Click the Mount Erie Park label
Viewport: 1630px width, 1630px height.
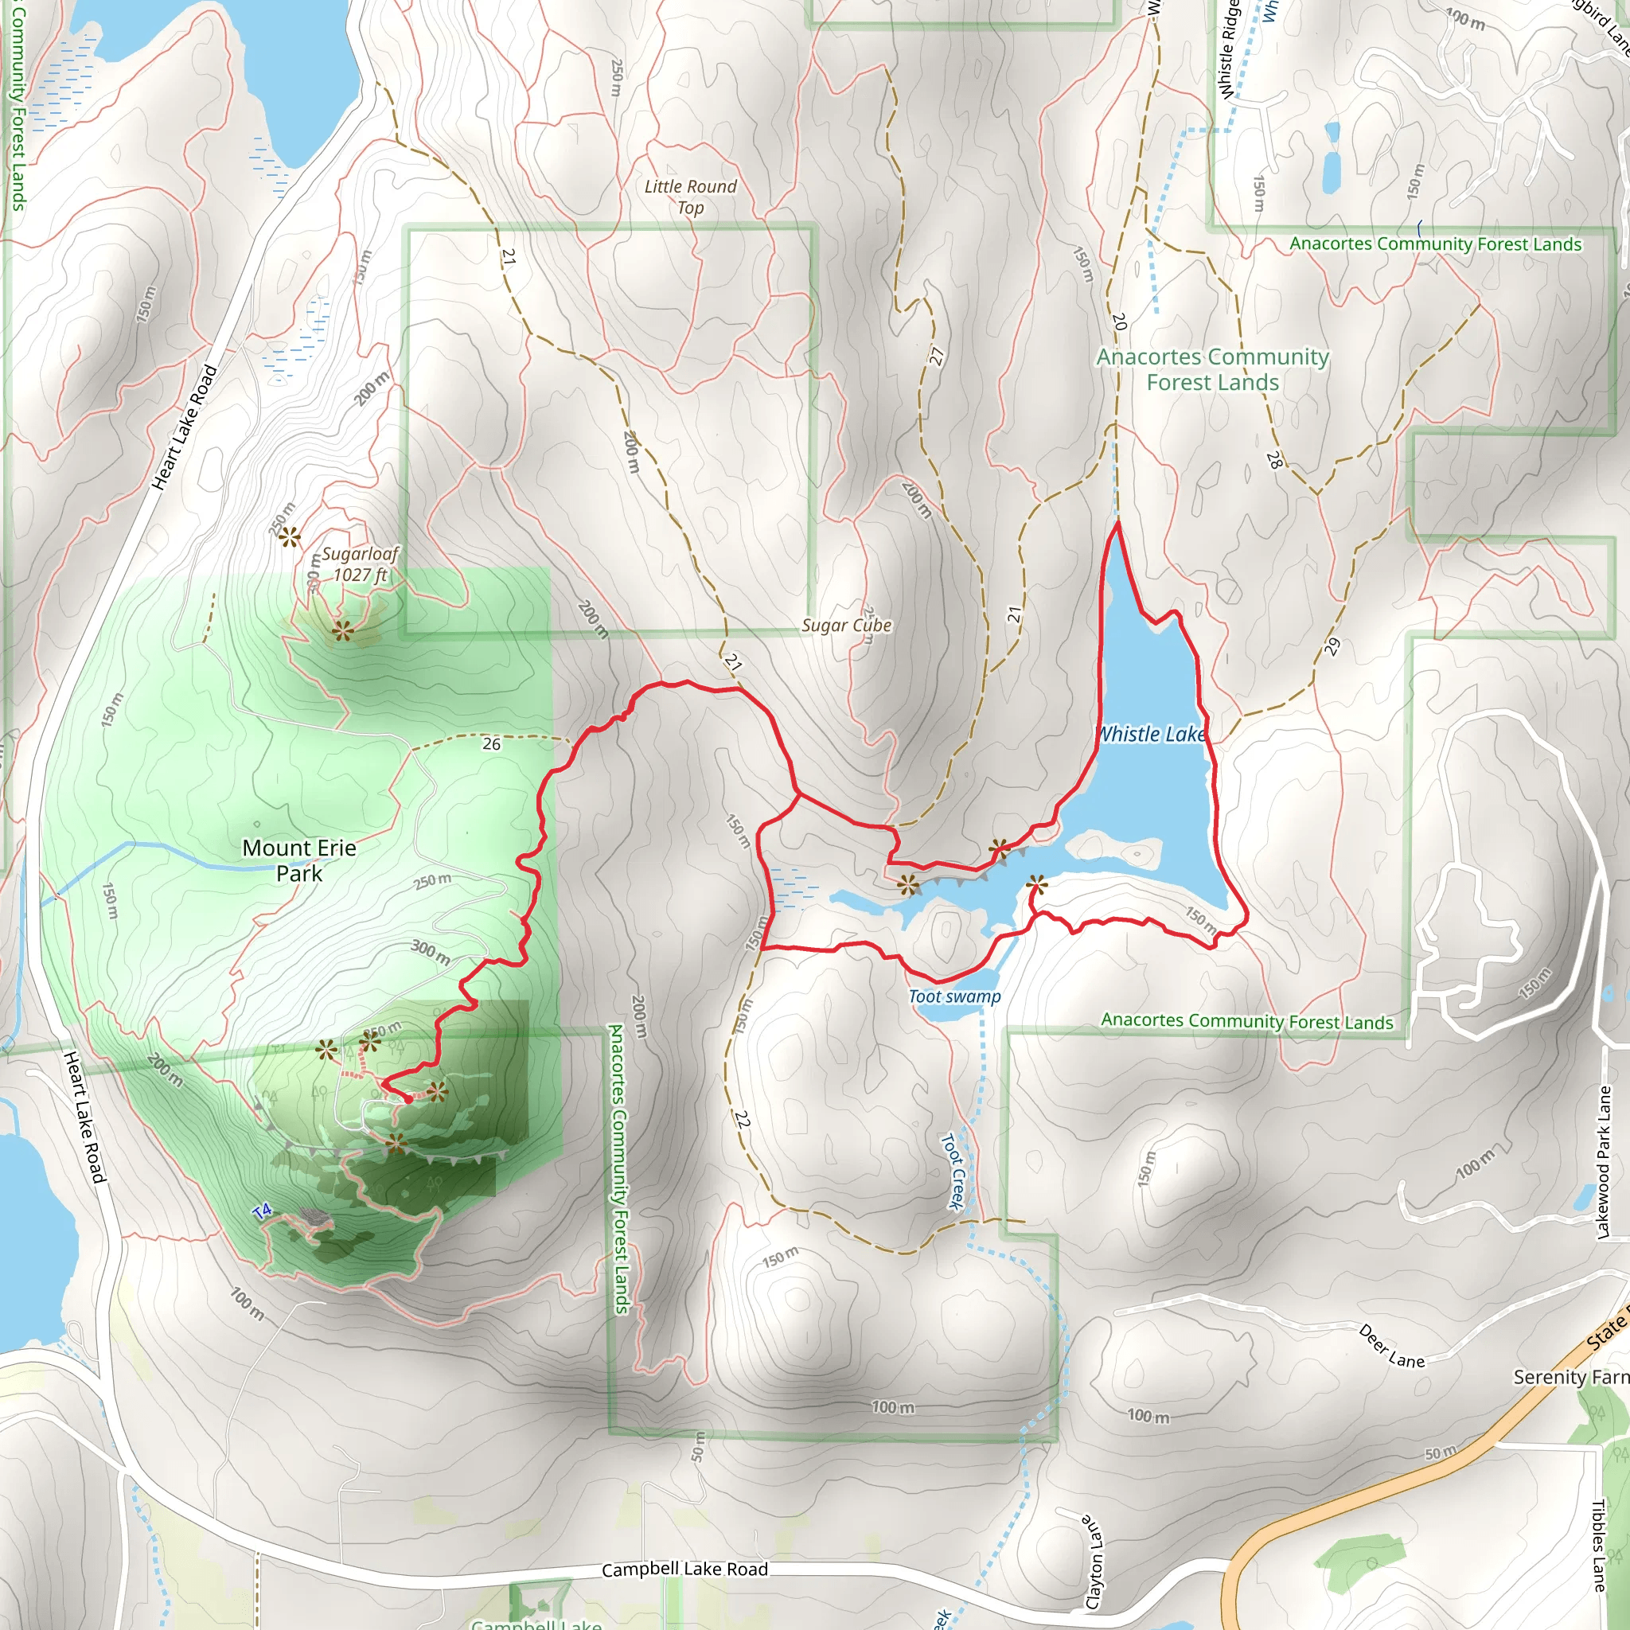tap(299, 860)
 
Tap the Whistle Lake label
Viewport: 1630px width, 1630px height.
tap(1152, 734)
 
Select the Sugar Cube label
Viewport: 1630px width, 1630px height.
tap(846, 625)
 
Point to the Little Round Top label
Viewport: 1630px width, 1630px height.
tap(690, 197)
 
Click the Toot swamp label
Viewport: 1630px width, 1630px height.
tap(954, 996)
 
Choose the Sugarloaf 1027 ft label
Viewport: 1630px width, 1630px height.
tap(361, 563)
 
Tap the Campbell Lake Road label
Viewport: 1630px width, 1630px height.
tap(684, 1570)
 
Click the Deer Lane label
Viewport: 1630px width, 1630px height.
tap(1391, 1346)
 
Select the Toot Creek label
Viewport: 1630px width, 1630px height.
tap(953, 1171)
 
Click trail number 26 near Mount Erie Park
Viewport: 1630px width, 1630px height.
tap(491, 743)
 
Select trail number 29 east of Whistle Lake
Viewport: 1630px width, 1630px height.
tap(1332, 646)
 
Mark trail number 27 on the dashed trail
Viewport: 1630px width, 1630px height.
tap(937, 356)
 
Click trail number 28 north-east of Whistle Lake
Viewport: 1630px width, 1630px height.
tap(1274, 460)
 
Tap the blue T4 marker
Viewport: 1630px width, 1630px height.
tap(263, 1211)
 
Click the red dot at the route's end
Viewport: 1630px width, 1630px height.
tap(408, 1100)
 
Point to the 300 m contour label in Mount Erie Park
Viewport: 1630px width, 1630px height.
tap(431, 952)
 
